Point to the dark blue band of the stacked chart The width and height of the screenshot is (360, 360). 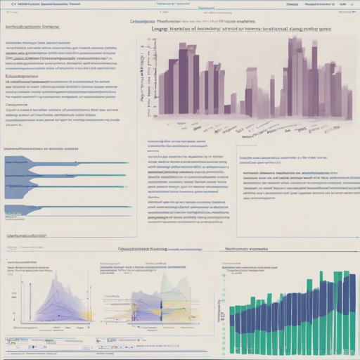pos(295,309)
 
